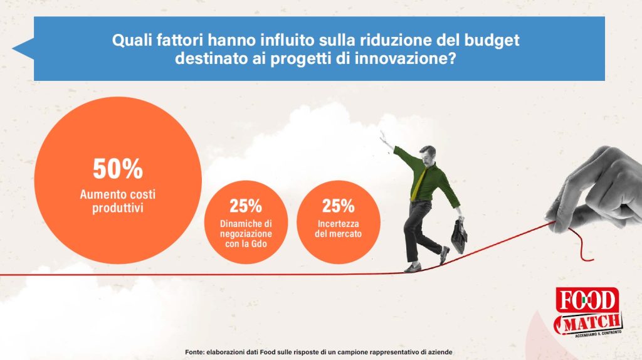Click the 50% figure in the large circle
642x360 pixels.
pyautogui.click(x=118, y=169)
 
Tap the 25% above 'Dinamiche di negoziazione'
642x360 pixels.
pyautogui.click(x=246, y=206)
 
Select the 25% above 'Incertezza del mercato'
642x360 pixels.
pyautogui.click(x=338, y=206)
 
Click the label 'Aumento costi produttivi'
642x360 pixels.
pyautogui.click(x=117, y=201)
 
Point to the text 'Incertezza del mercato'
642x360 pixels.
pyautogui.click(x=338, y=229)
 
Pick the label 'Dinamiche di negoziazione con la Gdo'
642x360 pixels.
pyautogui.click(x=246, y=234)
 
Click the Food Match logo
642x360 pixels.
pyautogui.click(x=588, y=312)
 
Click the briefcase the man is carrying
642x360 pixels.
pyautogui.click(x=459, y=236)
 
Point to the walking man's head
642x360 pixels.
pyautogui.click(x=428, y=155)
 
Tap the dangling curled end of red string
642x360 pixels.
pyautogui.click(x=581, y=245)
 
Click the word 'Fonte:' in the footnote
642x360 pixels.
pyautogui.click(x=194, y=352)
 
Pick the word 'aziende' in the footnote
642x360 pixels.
pyautogui.click(x=441, y=352)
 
